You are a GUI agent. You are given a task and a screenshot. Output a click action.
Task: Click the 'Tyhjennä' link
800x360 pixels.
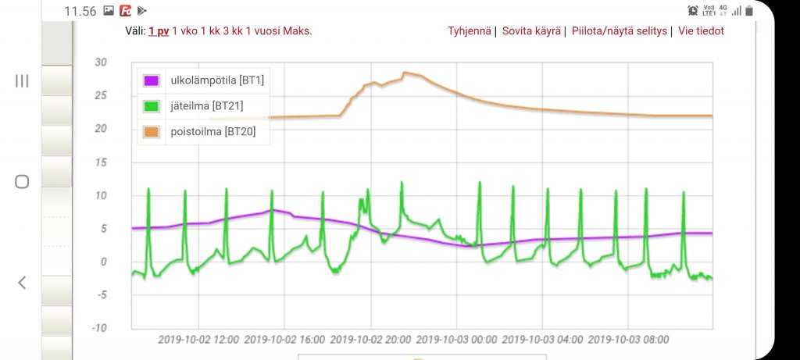pos(469,31)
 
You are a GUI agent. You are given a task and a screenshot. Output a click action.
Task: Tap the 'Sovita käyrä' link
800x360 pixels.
pos(531,31)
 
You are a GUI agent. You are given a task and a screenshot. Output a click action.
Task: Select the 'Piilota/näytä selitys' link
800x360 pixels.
pos(620,31)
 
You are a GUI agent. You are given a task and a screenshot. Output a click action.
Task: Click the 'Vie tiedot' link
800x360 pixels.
pos(701,31)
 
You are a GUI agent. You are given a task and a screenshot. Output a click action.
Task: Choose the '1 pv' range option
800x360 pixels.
pos(159,31)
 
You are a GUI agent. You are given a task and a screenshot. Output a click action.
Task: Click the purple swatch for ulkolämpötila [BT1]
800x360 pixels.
pos(152,80)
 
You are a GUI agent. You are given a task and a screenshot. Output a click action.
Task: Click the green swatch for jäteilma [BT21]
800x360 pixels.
pos(152,105)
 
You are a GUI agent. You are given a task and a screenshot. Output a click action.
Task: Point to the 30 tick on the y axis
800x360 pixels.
pos(100,63)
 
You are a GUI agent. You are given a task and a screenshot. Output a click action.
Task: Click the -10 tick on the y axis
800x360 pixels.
pos(98,328)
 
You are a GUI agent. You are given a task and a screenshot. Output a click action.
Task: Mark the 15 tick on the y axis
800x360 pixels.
pos(100,162)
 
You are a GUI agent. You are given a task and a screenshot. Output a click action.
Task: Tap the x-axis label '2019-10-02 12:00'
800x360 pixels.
pos(198,340)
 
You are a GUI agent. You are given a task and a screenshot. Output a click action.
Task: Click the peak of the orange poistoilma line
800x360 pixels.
pos(405,73)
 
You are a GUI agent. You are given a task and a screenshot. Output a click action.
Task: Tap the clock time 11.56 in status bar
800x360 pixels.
pos(80,11)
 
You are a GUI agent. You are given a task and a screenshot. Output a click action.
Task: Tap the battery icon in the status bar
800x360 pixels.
pos(748,11)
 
